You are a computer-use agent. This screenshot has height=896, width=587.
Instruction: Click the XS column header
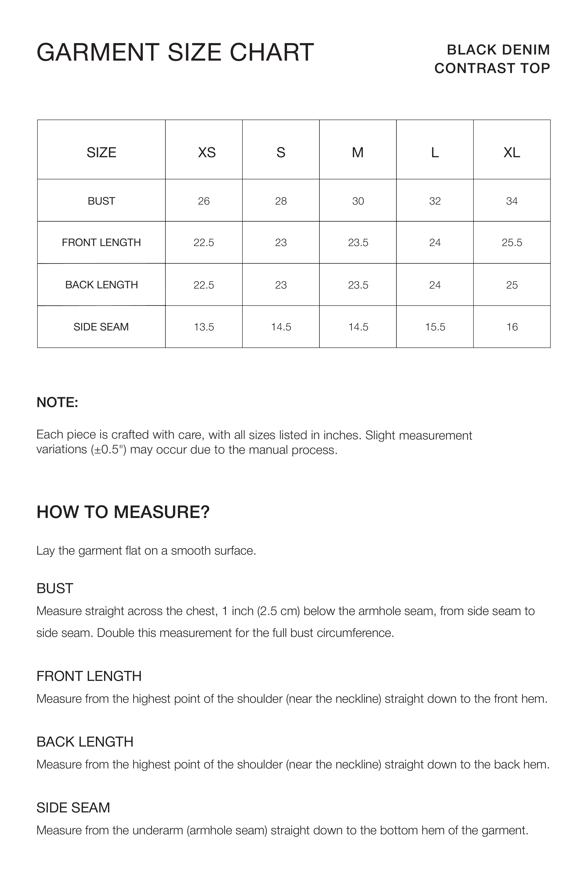click(x=207, y=152)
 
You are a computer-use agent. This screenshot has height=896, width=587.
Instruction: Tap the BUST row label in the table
click(x=101, y=201)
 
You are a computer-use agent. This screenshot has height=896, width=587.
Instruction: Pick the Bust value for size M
click(x=358, y=201)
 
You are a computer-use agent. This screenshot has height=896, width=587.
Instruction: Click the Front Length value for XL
click(x=512, y=242)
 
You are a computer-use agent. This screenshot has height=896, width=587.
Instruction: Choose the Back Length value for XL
click(x=512, y=285)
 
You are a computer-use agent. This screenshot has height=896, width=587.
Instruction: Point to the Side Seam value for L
click(x=435, y=327)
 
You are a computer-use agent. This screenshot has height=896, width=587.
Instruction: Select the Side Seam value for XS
click(x=204, y=327)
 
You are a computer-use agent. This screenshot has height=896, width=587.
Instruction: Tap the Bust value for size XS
click(x=204, y=201)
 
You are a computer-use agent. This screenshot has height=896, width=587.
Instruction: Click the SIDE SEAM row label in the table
click(x=101, y=327)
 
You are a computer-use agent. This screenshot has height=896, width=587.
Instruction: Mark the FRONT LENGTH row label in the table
click(x=101, y=242)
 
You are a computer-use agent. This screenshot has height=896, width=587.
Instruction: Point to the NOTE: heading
click(x=57, y=402)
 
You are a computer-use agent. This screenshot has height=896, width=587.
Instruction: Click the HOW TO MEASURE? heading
click(x=123, y=512)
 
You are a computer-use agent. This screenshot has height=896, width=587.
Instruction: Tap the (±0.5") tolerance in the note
click(x=109, y=450)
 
